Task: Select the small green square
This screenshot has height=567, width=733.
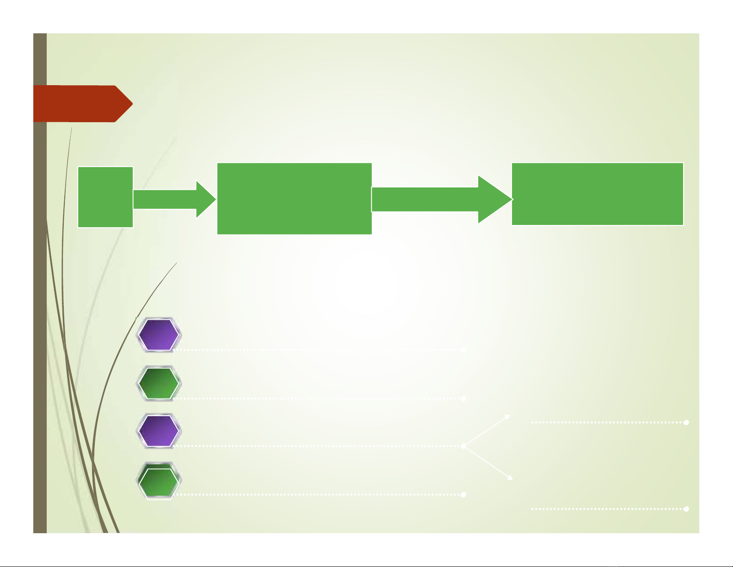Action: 105,197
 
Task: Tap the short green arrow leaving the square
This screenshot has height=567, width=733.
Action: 171,199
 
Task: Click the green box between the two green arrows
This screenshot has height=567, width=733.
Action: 295,198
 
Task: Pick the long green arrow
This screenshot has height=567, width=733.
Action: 435,199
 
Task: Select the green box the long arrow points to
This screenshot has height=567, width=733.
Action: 597,194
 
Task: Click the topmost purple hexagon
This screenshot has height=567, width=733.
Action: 159,334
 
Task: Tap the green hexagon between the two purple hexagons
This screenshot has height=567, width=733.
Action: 159,383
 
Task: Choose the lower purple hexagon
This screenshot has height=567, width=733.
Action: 159,431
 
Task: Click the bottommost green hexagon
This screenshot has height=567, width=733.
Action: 159,480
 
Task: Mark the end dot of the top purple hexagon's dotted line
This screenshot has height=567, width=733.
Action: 463,350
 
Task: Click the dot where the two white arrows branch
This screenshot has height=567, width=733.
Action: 463,446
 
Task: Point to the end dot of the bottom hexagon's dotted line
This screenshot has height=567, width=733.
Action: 463,495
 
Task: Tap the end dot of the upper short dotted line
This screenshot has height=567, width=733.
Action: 686,422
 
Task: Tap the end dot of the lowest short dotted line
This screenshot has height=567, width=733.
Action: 686,509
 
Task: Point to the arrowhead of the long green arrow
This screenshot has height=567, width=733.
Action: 495,199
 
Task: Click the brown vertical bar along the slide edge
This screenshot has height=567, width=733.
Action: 40,324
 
